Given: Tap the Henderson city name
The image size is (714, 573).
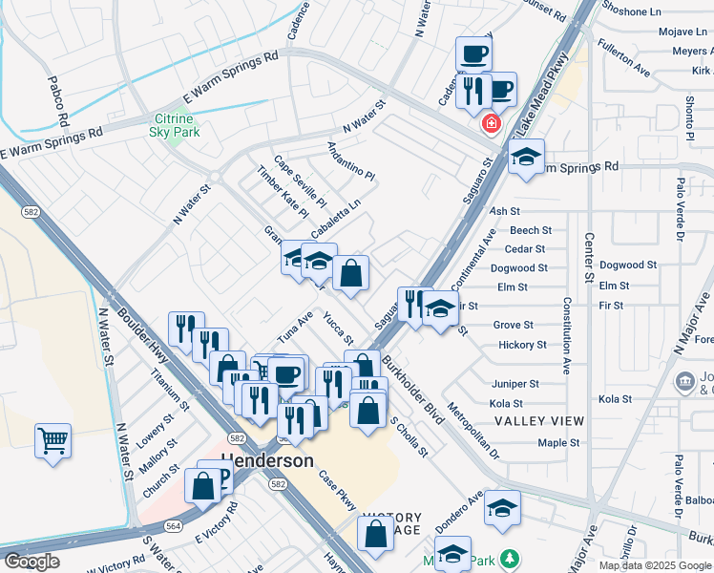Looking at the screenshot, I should click(x=267, y=460).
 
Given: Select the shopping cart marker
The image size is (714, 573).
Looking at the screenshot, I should click(x=53, y=441).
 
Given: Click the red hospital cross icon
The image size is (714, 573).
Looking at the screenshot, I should click(x=492, y=123).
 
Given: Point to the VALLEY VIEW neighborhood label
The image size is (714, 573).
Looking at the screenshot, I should click(x=538, y=421).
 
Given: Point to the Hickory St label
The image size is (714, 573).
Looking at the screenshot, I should click(x=522, y=345).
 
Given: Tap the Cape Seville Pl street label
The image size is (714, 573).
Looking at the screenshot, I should click(x=300, y=181).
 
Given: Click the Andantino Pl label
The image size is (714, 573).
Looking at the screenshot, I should click(x=351, y=160).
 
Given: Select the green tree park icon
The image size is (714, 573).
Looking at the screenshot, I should click(x=512, y=557).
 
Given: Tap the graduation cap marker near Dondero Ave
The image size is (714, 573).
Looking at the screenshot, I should click(x=501, y=508).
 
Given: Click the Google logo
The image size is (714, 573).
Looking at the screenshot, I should click(x=31, y=562).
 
